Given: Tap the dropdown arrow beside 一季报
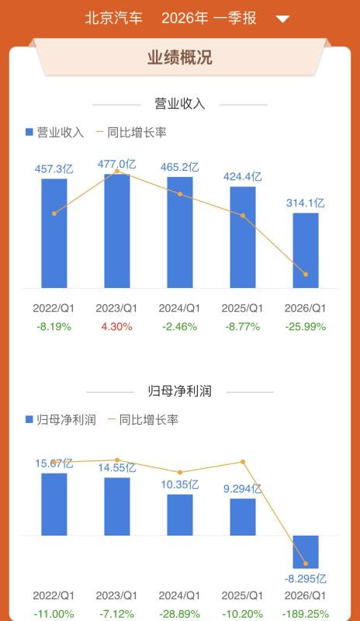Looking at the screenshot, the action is tap(282, 19).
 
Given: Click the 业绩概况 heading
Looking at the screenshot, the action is tap(180, 57).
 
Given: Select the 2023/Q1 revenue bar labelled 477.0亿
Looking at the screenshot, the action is tap(117, 231).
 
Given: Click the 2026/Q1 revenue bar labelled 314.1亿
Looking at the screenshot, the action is tap(306, 250).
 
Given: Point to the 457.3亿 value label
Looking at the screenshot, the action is tap(54, 169).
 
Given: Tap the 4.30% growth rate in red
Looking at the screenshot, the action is tap(117, 327).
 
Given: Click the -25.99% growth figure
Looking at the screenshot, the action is tap(306, 327).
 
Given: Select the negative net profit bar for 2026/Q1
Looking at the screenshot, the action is tap(306, 552).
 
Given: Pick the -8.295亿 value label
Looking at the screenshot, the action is tap(306, 578).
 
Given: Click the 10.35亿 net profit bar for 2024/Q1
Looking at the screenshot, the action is tap(180, 515).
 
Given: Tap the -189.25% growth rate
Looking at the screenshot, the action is tap(306, 614).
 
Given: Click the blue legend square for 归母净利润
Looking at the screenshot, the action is tap(29, 419).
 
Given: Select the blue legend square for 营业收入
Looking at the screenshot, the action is tap(29, 132).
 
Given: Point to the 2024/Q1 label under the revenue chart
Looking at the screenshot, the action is tap(180, 308).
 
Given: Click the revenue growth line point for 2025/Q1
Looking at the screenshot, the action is tap(243, 216).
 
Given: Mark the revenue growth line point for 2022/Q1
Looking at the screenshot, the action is tap(54, 213).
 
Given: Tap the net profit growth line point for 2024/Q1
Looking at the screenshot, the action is tap(180, 472).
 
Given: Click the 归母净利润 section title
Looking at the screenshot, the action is tap(180, 391).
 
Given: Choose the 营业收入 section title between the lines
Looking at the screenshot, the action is tap(180, 104).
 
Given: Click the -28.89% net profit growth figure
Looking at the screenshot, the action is tap(180, 614).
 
